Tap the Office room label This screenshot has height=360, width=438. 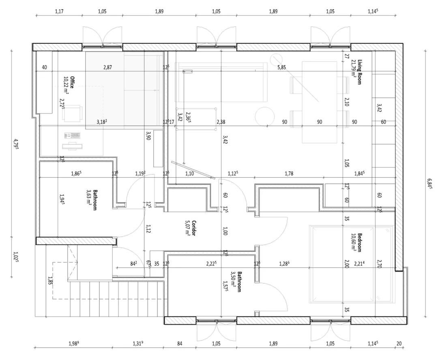pos(72,82)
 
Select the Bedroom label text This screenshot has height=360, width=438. pos(359,242)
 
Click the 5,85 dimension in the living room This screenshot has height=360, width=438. pos(281,67)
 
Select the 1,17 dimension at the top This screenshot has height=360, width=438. pos(59,11)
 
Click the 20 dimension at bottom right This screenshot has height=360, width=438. pos(399,343)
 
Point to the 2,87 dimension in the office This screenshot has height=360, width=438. pos(107,67)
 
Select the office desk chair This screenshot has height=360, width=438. pos(73,113)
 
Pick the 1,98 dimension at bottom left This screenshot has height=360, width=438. pos(74,343)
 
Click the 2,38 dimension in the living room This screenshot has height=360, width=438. pos(221,122)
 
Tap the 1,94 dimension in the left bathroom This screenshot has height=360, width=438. pos(62,199)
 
